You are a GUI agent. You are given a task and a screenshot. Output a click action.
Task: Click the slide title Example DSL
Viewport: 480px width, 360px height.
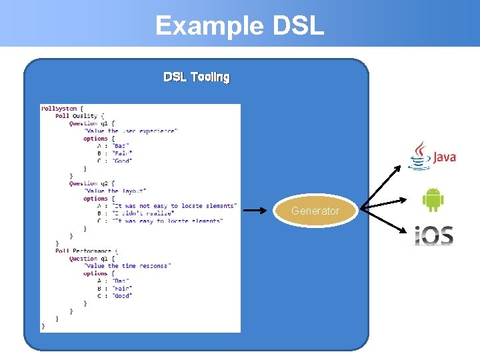[239, 25]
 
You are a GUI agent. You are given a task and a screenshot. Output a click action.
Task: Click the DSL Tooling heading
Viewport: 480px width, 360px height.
[197, 77]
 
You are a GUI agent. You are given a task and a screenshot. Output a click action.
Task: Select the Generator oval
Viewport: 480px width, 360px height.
[315, 211]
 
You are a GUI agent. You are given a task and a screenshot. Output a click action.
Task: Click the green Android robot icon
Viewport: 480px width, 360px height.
[433, 199]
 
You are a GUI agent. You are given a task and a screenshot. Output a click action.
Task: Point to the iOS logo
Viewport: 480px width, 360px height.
[433, 235]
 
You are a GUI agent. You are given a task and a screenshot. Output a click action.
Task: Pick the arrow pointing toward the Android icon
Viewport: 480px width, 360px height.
[383, 203]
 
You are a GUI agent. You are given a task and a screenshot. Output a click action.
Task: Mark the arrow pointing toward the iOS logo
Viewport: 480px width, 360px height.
[383, 220]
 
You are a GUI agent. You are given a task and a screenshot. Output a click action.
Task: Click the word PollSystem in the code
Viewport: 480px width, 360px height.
[59, 108]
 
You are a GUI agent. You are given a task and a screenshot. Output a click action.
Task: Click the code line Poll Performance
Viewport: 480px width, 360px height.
[83, 251]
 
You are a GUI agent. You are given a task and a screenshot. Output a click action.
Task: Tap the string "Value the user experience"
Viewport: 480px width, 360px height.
[131, 131]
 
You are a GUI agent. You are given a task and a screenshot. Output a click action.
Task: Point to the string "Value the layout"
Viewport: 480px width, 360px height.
[115, 191]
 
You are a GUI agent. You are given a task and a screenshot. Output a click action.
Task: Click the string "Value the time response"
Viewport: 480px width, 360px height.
[127, 265]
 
